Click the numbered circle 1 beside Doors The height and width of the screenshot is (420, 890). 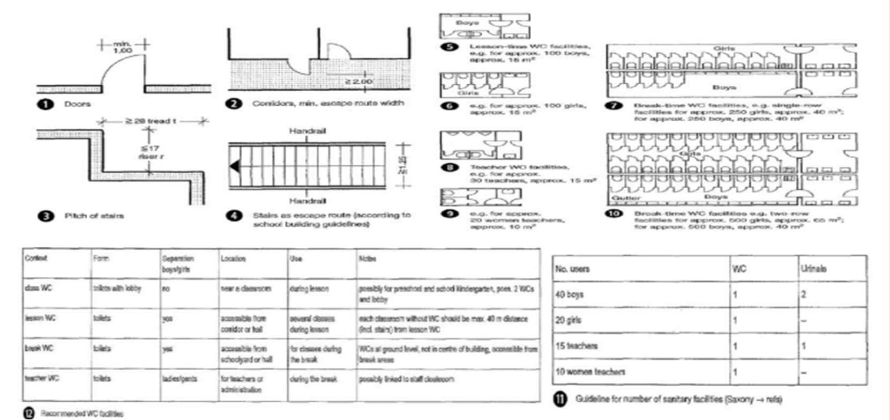coord(46,104)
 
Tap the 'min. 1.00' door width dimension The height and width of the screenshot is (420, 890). coord(123,47)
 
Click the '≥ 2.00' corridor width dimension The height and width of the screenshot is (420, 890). coord(358,82)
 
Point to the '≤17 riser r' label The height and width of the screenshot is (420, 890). coord(150,152)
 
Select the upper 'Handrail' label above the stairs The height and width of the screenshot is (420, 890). coord(308,131)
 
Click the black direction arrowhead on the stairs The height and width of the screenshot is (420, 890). coord(234,166)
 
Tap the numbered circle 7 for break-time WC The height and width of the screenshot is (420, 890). coord(614,106)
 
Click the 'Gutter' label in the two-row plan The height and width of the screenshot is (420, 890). coord(626,197)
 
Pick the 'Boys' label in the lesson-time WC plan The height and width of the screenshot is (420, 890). coord(467,23)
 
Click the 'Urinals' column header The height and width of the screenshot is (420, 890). coord(813,269)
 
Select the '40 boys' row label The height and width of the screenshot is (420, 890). coord(569,294)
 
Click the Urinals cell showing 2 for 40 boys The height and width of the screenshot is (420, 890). coord(804,294)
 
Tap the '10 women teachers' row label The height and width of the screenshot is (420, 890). coord(590,371)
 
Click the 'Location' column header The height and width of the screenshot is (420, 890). coord(233,259)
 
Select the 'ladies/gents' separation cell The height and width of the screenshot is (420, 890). coord(180,379)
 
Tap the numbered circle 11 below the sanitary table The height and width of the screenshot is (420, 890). coord(560,400)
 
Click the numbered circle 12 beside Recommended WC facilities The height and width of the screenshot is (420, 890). coord(28,413)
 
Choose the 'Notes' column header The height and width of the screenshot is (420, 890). coord(367,259)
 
